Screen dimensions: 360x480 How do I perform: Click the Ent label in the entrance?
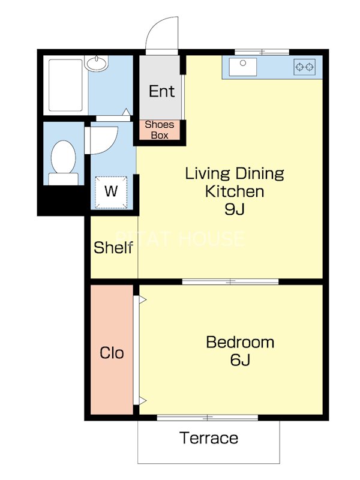pos(161,91)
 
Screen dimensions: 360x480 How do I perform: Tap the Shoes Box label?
pos(160,130)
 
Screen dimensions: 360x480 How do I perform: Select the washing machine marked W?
pos(111,192)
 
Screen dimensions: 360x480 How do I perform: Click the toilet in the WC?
pos(64,163)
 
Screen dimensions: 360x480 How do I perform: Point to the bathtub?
pos(65,85)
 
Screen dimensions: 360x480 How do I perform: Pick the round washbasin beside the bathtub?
pos(97,64)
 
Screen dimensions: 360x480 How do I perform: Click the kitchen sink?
pos(243,67)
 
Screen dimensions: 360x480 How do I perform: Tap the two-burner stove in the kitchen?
pos(305,67)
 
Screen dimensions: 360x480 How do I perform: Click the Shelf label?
pos(113,247)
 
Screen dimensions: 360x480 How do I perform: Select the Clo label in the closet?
pos(112,353)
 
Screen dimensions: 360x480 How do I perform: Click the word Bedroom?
pos(240,342)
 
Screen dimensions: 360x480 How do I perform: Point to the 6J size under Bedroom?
pos(240,359)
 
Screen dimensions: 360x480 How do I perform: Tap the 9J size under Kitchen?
pos(235,209)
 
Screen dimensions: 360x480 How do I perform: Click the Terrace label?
pos(209,438)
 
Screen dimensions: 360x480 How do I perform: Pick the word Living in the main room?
pos(208,174)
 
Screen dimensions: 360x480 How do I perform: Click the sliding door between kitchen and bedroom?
pos(230,281)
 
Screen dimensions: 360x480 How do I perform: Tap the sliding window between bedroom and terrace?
pos(207,417)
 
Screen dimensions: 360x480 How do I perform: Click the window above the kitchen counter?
pos(262,52)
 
